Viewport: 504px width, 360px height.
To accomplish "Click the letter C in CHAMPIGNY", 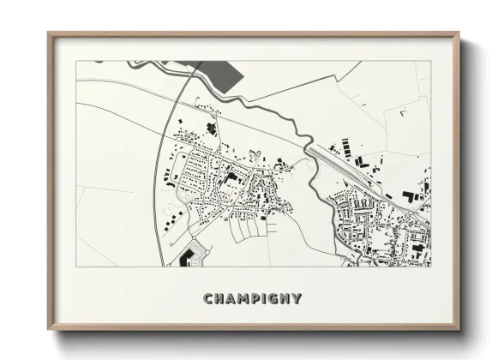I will point(208,298).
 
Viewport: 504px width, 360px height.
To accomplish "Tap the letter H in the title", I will point(220,298).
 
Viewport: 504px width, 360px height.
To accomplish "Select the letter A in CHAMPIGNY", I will point(232,298).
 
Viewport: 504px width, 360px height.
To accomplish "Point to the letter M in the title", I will point(246,298).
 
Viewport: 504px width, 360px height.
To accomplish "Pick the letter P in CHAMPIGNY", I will point(259,298).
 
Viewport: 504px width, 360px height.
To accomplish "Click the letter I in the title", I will point(267,298).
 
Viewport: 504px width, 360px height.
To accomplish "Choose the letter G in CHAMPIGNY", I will point(276,298).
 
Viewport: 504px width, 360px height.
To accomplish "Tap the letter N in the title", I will point(288,298).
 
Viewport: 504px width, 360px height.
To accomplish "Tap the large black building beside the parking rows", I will point(185,256).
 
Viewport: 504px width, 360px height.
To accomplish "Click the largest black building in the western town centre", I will point(231,178).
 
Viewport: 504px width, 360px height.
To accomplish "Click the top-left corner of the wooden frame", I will point(49,33).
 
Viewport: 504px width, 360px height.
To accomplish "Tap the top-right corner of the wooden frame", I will point(458,33).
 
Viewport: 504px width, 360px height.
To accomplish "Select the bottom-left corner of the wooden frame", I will point(49,329).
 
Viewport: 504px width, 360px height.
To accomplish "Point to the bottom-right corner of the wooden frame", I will point(458,329).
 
